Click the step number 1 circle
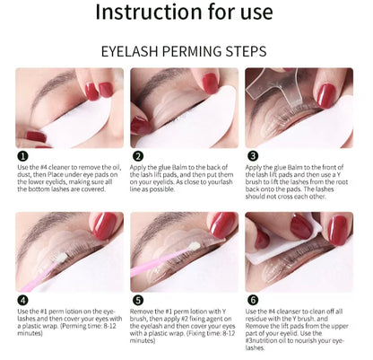tap(22, 156)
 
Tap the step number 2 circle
tap(138, 156)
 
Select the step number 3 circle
tap(253, 156)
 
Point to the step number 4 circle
tap(22, 300)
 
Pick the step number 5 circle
tap(138, 300)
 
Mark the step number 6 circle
tap(253, 300)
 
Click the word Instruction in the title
tap(149, 12)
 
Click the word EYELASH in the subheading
tap(129, 51)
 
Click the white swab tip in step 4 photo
tap(63, 258)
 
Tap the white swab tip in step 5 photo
tap(194, 247)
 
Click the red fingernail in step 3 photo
tap(325, 95)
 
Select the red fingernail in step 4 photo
tap(104, 226)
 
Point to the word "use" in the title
tap(256, 13)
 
